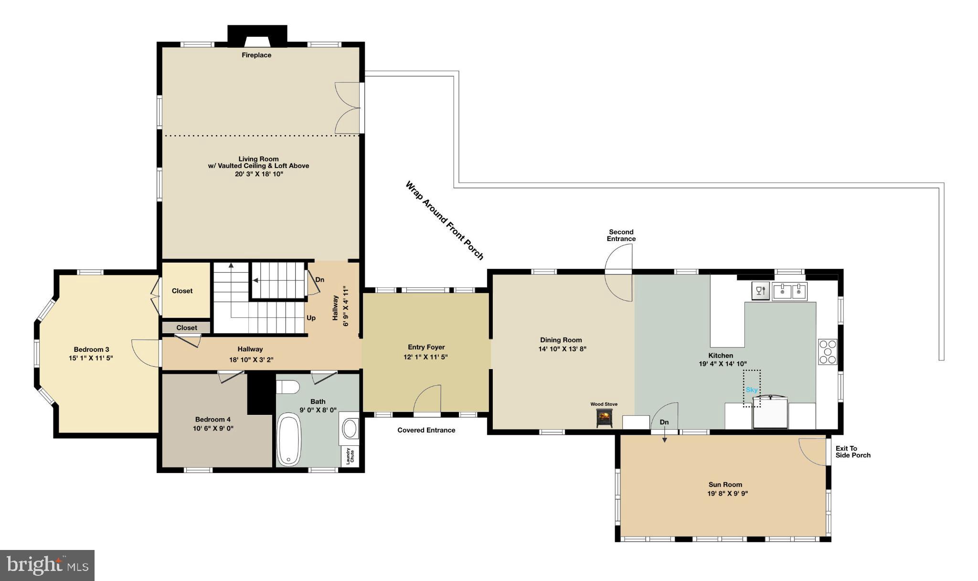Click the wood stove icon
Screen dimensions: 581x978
(604, 418)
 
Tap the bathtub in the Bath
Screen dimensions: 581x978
(289, 440)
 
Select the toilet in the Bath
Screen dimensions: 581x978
(288, 386)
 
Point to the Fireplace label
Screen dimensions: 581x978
(256, 55)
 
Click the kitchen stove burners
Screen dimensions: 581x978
(828, 351)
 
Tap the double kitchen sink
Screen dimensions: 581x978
(790, 291)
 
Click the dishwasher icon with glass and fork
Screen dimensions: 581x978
(761, 291)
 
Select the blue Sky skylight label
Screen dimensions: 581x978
(752, 390)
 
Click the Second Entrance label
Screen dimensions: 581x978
(621, 235)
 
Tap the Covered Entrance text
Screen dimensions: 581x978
(426, 430)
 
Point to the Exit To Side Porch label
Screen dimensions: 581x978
(853, 452)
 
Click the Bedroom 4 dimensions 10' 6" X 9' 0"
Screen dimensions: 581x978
(213, 428)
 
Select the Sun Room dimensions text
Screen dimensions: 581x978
(727, 494)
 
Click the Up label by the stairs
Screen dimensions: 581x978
(311, 318)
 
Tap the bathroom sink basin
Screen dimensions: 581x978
(351, 428)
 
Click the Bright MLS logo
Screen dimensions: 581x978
(47, 565)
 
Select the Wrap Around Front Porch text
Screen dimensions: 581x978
(444, 220)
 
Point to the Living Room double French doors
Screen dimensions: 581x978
(347, 108)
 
